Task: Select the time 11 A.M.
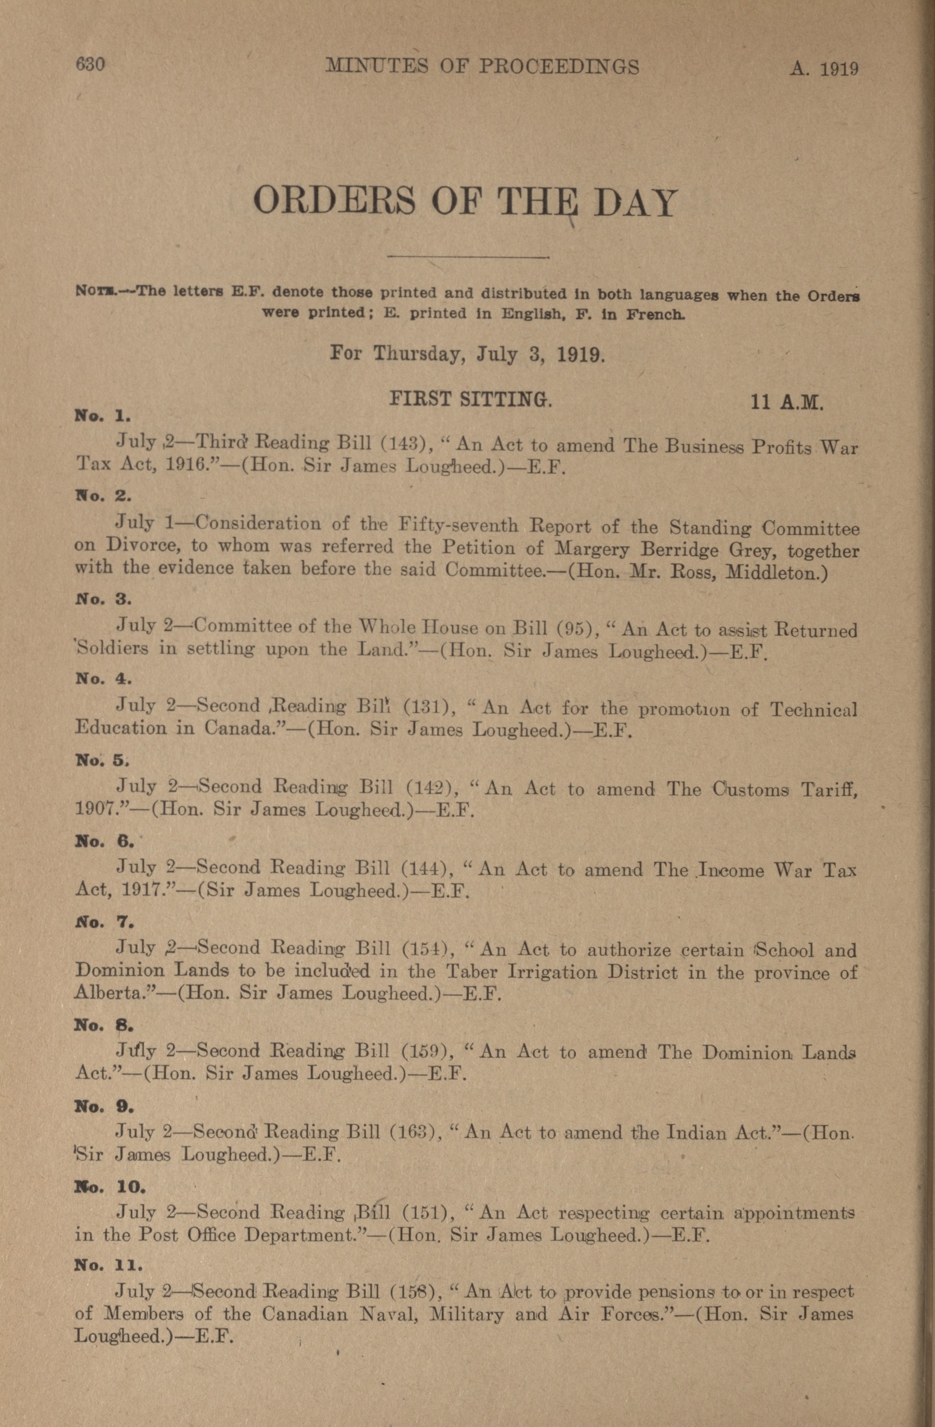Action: click(787, 402)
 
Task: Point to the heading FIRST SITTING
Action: click(470, 399)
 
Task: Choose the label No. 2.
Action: click(102, 497)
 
